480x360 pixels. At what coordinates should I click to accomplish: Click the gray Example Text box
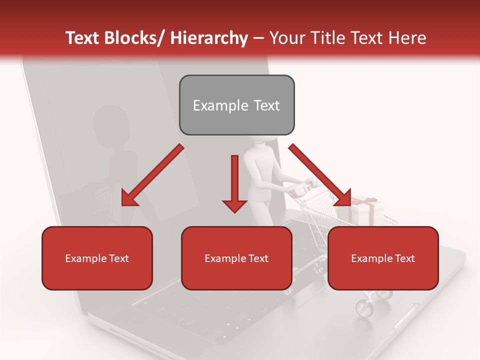tap(236, 105)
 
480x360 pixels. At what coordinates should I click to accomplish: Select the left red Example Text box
tap(97, 258)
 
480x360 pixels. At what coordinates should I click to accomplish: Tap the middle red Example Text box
tap(236, 258)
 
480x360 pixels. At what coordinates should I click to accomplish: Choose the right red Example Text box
tap(383, 258)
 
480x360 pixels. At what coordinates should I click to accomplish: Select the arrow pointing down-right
tap(320, 175)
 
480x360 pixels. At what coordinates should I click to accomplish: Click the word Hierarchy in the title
tap(209, 38)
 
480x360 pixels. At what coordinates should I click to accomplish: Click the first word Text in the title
tap(83, 38)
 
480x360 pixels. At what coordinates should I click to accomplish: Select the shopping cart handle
tap(300, 189)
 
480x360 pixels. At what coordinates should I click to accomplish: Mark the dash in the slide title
tap(258, 38)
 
